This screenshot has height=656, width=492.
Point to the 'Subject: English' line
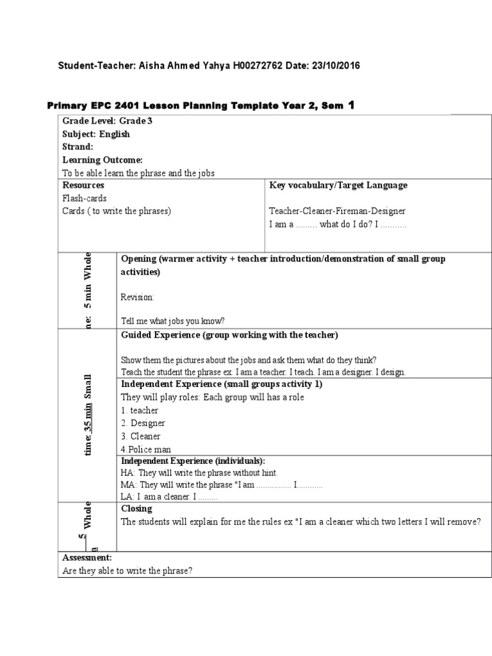(x=95, y=134)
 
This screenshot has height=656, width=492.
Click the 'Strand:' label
(x=78, y=147)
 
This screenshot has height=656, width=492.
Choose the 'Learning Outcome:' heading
(x=102, y=160)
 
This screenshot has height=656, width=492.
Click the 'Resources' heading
(x=83, y=185)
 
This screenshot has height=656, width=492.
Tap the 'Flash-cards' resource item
(x=85, y=198)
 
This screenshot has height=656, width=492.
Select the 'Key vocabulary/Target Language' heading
(x=338, y=185)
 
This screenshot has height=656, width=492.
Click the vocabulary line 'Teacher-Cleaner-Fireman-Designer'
(x=337, y=211)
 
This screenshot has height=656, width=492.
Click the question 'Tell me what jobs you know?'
(x=173, y=322)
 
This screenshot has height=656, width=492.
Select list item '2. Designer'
(x=143, y=423)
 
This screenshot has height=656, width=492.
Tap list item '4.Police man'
(x=146, y=449)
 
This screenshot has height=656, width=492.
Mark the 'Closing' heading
(x=136, y=509)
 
